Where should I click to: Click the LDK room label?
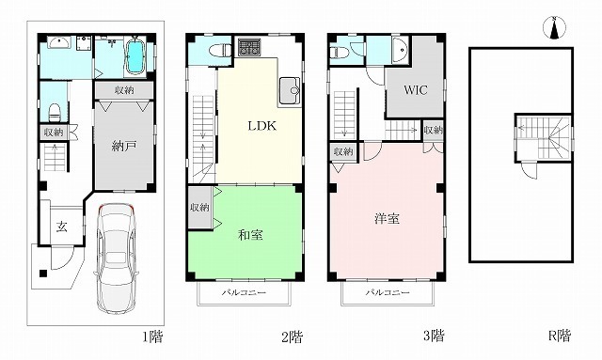point(262,126)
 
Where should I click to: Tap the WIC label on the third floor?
point(416,90)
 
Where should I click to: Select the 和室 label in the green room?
point(251,234)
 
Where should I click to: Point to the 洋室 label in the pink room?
point(387,218)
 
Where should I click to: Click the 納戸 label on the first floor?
point(124,147)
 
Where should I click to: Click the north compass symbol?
point(554,28)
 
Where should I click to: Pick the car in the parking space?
point(116,257)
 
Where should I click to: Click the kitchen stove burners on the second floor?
point(248,47)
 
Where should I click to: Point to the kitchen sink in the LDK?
point(290,90)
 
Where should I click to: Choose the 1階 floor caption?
point(152,337)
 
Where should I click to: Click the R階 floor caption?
point(559,336)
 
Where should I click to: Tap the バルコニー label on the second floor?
point(244,293)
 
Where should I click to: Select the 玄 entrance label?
point(62,227)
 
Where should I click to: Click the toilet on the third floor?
point(340,52)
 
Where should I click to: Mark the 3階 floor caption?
point(434,337)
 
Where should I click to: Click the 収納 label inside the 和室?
point(199,207)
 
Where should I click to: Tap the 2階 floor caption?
point(293,337)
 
